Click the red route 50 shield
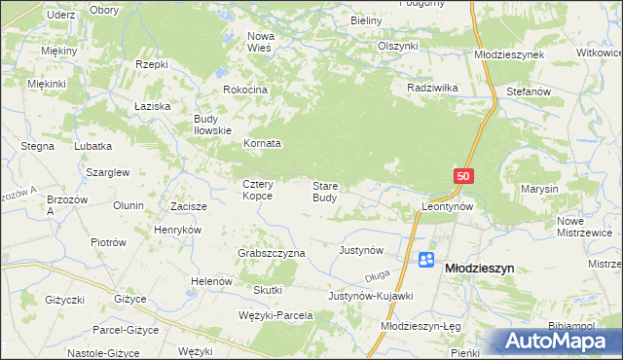pos(462,175)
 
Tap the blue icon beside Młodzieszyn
pos(426,260)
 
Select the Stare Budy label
pos(325,191)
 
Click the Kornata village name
pos(262,143)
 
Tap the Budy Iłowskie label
pos(211,124)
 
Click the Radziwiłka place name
pos(432,87)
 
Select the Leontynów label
pos(447,207)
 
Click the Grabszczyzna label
pos(272,253)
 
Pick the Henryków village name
pos(177,230)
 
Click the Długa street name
pos(391,275)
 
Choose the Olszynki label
pos(397,46)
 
